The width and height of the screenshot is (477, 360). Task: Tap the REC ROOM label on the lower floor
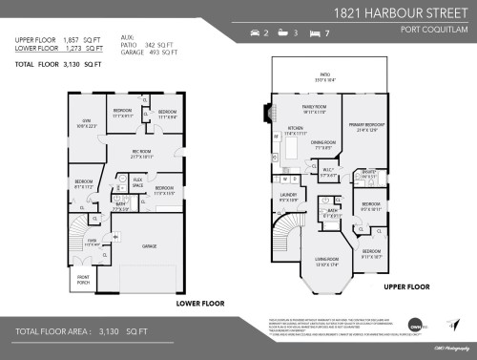coord(140,154)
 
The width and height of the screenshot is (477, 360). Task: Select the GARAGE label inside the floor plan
coord(149,245)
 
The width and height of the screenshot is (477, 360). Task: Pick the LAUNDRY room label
coord(288,196)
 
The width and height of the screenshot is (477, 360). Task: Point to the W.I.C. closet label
coord(327,172)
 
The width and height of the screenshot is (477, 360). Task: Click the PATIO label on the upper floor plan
coord(325,74)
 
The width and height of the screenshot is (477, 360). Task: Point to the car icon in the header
coord(255,33)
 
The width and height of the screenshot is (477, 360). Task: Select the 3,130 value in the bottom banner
coord(116,333)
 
